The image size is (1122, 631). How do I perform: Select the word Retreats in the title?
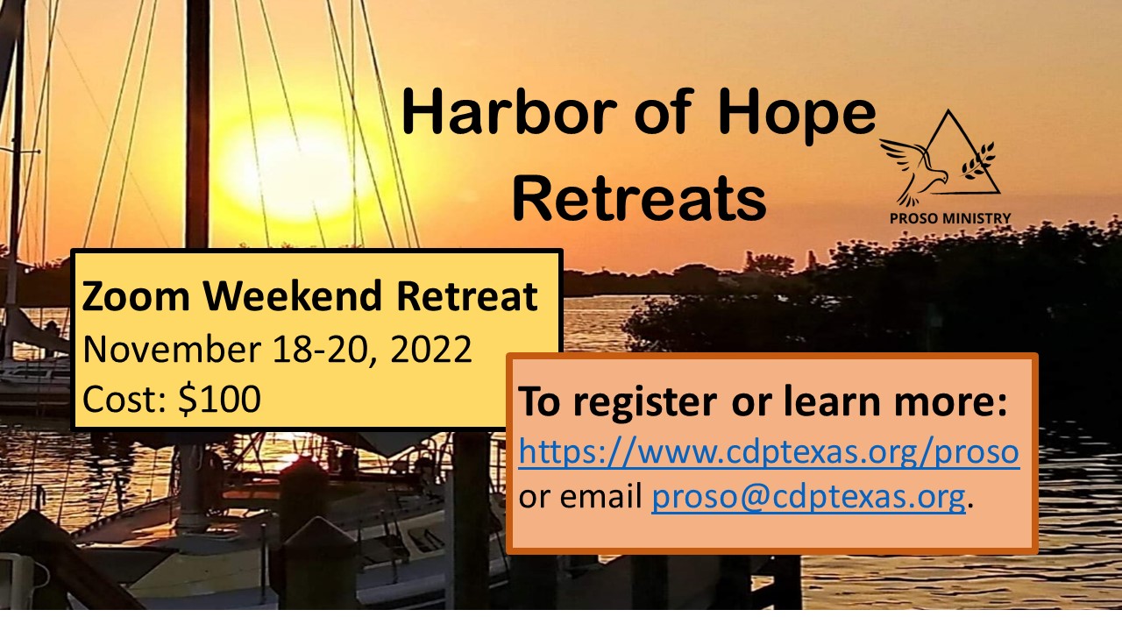coord(639,197)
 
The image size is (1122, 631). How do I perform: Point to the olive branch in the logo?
coord(977,160)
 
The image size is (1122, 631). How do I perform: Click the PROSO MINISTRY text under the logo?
coord(949,218)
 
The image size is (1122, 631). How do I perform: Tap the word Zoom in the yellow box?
coord(136,296)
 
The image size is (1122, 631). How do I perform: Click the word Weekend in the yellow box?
coord(293,295)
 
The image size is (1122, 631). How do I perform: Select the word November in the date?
coord(172,349)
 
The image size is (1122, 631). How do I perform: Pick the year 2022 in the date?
coord(430,350)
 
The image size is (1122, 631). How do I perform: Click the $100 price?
coord(219,399)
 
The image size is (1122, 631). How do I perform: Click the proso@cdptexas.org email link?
coord(808,497)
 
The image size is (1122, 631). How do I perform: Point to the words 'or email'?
coord(580,496)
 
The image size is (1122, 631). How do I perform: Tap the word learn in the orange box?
coord(832,401)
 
